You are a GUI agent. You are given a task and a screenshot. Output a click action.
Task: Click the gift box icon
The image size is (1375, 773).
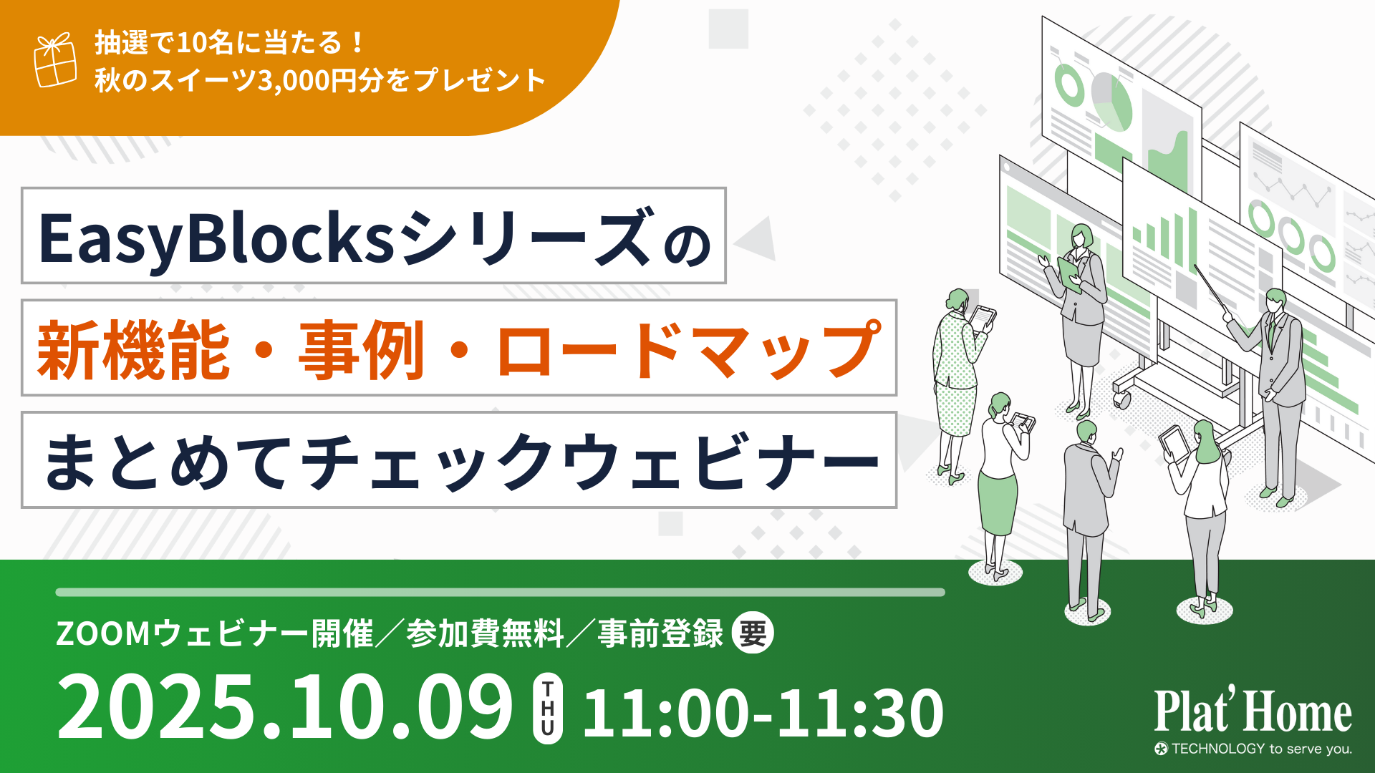pyautogui.click(x=55, y=60)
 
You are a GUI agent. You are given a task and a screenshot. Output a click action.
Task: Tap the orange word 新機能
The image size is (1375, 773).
pyautogui.click(x=134, y=350)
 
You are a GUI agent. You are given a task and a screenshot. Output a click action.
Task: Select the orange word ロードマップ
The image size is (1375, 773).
pyautogui.click(x=688, y=350)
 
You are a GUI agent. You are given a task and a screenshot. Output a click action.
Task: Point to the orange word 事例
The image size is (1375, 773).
pyautogui.click(x=362, y=350)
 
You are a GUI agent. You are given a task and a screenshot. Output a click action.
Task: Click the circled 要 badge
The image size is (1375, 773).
pyautogui.click(x=753, y=633)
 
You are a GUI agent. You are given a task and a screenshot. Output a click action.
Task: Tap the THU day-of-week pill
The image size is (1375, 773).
pyautogui.click(x=548, y=709)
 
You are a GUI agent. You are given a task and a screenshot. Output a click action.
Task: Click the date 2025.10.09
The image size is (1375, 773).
pyautogui.click(x=285, y=707)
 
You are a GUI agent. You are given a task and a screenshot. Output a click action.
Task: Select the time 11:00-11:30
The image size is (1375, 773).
pyautogui.click(x=763, y=712)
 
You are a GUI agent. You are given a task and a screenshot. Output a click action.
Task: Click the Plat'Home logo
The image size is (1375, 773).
pyautogui.click(x=1253, y=710)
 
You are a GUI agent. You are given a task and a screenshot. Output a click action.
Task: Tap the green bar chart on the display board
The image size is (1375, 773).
pyautogui.click(x=1165, y=235)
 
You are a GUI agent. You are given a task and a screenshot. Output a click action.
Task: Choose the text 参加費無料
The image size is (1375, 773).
pyautogui.click(x=486, y=633)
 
